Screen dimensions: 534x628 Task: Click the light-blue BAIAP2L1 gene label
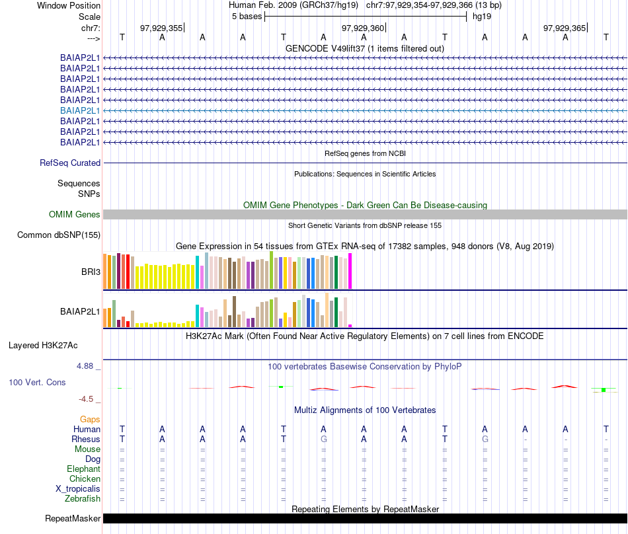point(80,110)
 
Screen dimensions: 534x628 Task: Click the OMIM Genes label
point(75,214)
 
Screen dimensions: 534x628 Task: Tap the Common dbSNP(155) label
point(59,235)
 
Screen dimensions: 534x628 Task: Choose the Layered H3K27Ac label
point(43,345)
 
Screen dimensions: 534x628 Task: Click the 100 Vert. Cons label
point(37,382)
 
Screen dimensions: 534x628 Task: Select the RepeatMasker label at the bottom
point(73,519)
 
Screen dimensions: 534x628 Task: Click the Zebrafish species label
point(83,498)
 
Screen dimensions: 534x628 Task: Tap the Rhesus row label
point(86,439)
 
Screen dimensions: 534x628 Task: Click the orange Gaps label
point(90,419)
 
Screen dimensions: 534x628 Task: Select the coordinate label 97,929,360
point(362,28)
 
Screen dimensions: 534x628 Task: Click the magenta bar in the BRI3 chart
point(350,271)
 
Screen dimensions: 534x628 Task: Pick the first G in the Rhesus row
point(323,439)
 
